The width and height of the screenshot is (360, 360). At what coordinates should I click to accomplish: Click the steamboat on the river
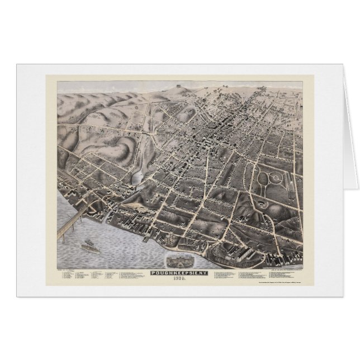(90, 244)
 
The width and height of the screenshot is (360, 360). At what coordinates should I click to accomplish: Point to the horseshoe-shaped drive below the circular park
(262, 205)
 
